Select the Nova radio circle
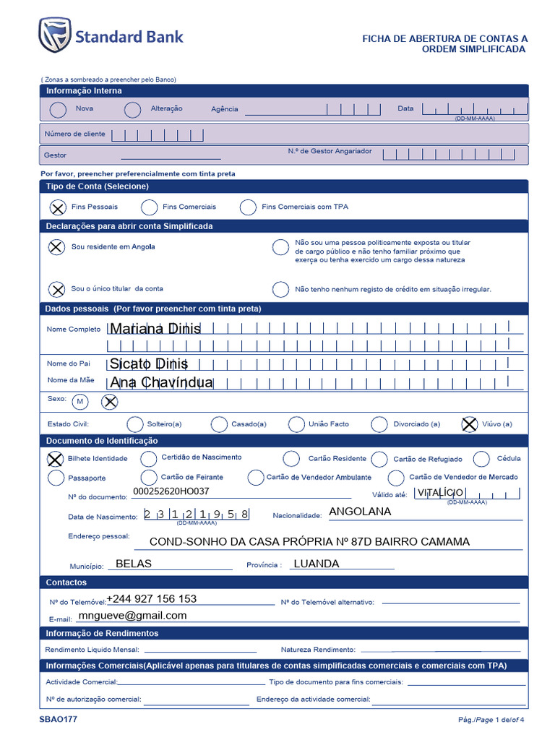57,110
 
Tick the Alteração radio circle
132,110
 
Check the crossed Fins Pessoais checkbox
56,207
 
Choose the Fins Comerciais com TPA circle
248,207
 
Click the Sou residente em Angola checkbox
56,247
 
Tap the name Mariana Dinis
155,330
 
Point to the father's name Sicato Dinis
149,363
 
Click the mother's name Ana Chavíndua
161,382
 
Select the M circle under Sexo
79,401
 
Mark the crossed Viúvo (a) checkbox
469,424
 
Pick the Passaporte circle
56,478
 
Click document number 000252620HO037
171,491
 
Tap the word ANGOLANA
360,512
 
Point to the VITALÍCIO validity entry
440,492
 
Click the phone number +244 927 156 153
152,599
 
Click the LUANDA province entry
316,564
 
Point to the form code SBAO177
59,720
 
